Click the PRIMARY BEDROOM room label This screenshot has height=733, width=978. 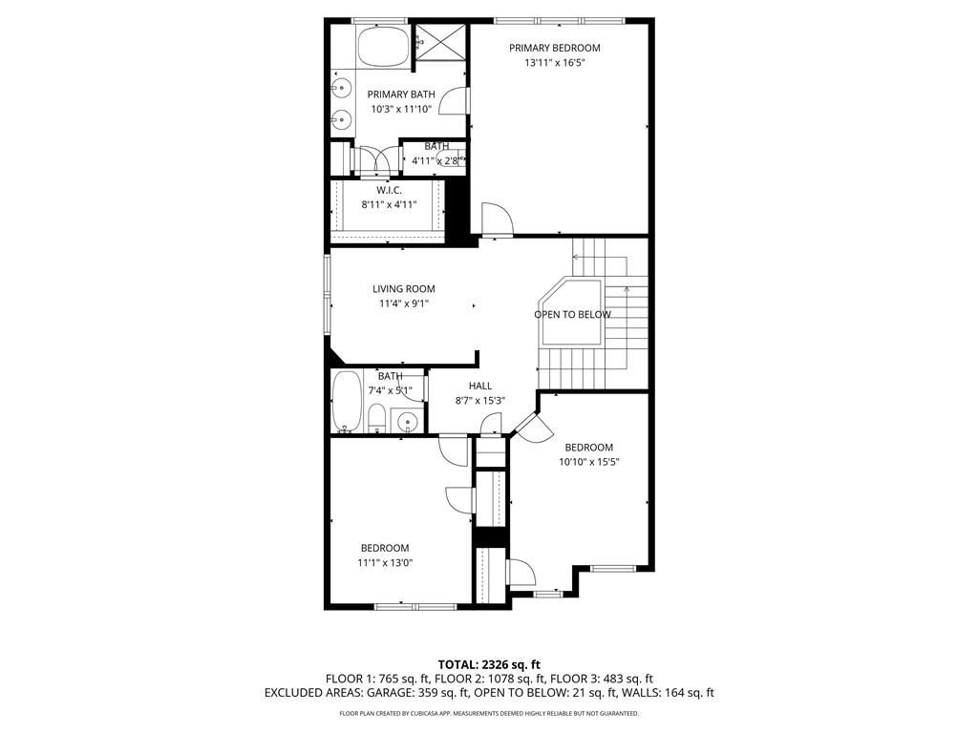click(x=554, y=48)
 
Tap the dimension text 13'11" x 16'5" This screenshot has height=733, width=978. click(x=554, y=63)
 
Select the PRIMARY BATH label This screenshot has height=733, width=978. click(x=401, y=94)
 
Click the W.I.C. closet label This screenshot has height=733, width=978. click(x=389, y=190)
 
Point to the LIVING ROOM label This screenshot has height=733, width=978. click(x=403, y=289)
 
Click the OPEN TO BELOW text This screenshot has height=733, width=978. click(x=572, y=314)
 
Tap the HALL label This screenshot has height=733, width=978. click(x=480, y=386)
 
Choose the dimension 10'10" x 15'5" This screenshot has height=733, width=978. click(x=588, y=462)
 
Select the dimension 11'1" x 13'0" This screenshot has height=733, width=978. click(x=385, y=562)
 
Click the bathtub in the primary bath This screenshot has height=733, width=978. click(x=383, y=46)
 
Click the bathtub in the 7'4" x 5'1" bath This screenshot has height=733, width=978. click(x=347, y=401)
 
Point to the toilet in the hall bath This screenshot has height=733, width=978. click(x=376, y=417)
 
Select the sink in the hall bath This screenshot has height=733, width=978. click(x=408, y=421)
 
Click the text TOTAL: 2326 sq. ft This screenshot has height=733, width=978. click(x=489, y=664)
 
